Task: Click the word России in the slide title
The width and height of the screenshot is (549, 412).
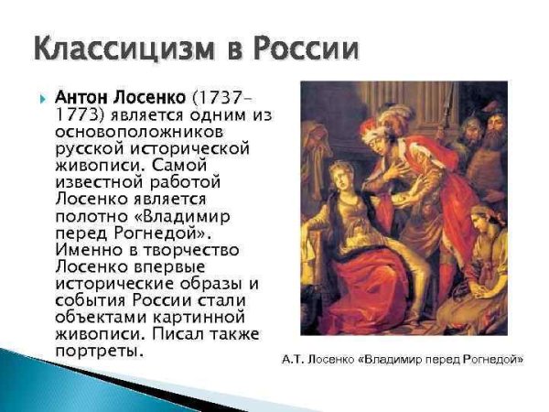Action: (x=297, y=47)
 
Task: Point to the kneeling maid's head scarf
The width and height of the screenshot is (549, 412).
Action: (x=482, y=219)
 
